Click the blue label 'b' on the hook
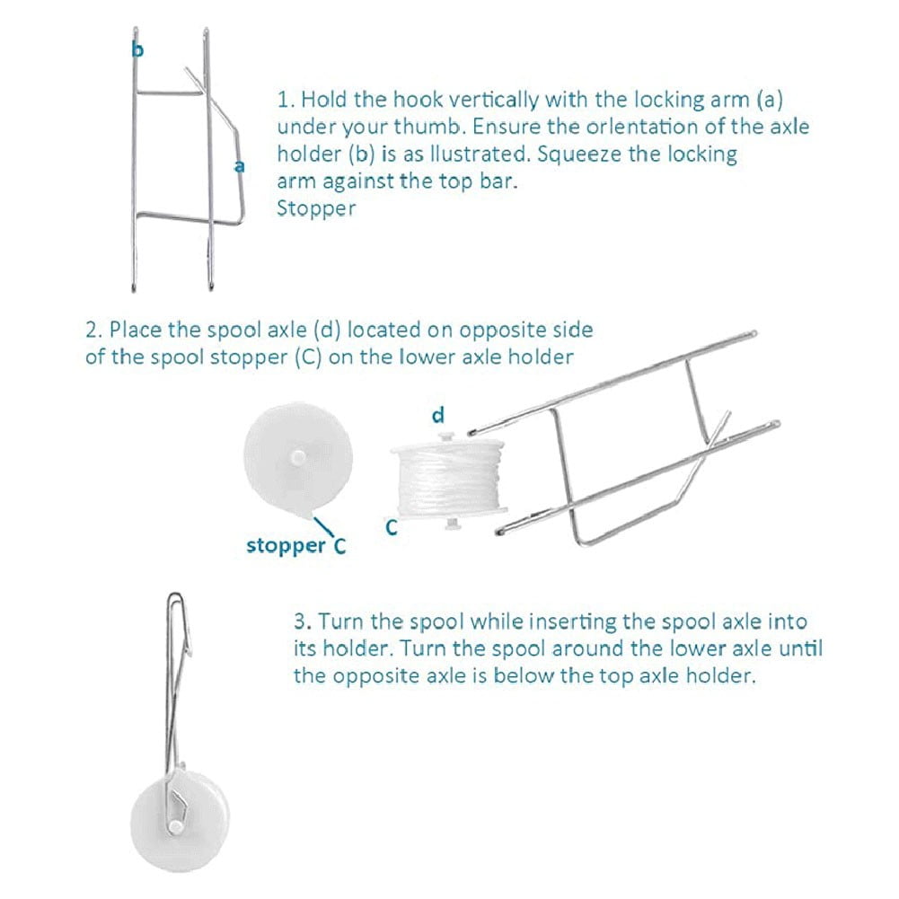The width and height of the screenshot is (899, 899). pyautogui.click(x=137, y=50)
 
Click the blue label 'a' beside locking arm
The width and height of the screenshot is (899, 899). pyautogui.click(x=239, y=166)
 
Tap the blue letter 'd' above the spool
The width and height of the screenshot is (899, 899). pyautogui.click(x=438, y=415)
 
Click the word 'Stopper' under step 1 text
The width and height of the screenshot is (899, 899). pyautogui.click(x=315, y=208)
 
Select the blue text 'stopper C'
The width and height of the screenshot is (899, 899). pyautogui.click(x=295, y=545)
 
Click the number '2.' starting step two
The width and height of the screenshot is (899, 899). pyautogui.click(x=93, y=329)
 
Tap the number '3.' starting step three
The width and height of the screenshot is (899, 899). pyautogui.click(x=303, y=621)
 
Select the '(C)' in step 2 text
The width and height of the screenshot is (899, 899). pyautogui.click(x=304, y=357)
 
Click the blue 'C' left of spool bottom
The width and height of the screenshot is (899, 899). pyautogui.click(x=391, y=528)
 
